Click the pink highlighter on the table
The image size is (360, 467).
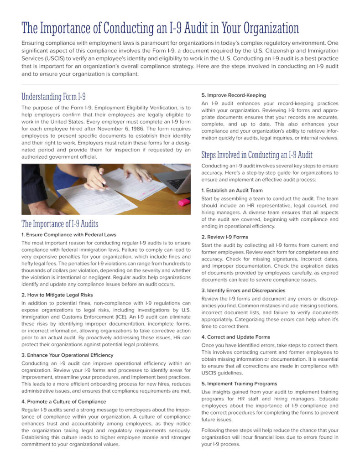click(183, 201)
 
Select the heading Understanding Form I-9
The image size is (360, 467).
click(54, 97)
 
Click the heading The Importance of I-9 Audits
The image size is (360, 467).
click(60, 223)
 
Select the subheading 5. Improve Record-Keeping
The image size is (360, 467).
click(234, 95)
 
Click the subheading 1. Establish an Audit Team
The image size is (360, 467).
click(232, 190)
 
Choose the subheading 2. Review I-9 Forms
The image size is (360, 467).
click(225, 237)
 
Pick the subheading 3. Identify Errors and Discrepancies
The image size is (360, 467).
click(243, 290)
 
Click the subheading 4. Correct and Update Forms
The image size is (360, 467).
click(235, 337)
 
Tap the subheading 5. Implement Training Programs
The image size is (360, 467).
click(239, 384)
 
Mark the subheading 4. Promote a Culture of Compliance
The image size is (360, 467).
click(63, 402)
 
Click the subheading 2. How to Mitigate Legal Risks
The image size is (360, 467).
click(57, 295)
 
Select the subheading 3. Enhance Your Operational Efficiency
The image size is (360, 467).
click(67, 355)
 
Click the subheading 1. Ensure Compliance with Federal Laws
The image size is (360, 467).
click(69, 234)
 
